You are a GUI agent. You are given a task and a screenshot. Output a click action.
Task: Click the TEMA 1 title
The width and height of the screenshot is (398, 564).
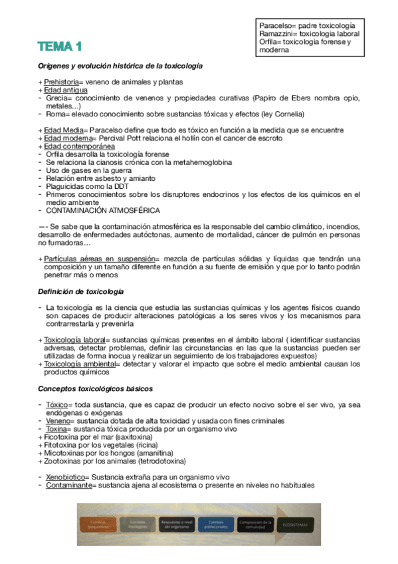click(60, 47)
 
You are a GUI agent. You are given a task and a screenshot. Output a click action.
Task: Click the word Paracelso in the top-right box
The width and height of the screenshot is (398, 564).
click(276, 25)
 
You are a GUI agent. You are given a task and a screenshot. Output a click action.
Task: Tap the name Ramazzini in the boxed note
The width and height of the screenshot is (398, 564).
click(278, 33)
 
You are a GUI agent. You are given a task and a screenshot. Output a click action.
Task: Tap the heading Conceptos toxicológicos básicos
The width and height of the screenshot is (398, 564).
click(96, 388)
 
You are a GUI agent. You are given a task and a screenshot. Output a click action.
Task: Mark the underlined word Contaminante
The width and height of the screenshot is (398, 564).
click(68, 486)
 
